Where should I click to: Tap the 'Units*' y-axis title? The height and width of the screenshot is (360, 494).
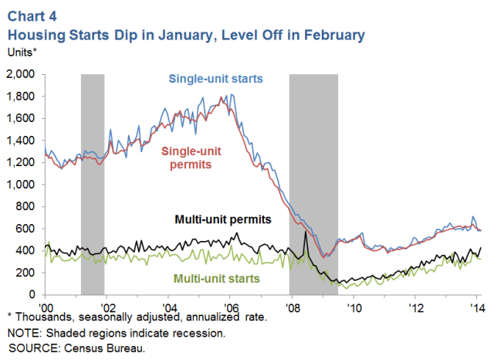22,52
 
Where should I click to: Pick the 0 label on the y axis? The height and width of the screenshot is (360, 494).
35,294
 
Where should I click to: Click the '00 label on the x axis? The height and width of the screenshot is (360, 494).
46,304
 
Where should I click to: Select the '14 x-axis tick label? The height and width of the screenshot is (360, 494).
477,304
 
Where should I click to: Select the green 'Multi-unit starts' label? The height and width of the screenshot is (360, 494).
216,277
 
